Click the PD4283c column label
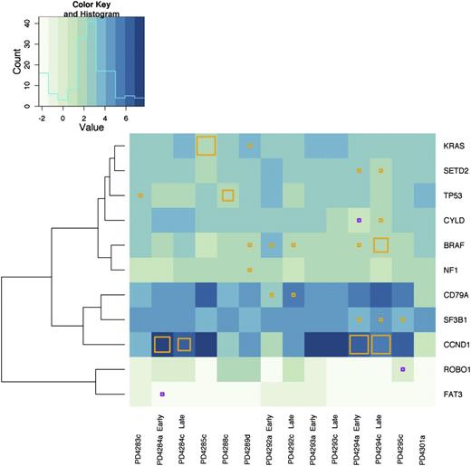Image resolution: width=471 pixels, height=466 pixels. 140,438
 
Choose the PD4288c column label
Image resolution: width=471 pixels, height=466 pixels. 228,438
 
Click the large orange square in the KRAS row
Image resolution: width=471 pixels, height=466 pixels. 206,146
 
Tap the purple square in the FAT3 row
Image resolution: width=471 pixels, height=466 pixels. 162,394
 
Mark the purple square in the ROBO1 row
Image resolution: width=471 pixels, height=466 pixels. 402,369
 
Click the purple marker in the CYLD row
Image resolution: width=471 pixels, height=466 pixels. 359,220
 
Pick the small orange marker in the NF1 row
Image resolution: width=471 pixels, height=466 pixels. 249,269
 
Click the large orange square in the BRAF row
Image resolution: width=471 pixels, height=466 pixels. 380,244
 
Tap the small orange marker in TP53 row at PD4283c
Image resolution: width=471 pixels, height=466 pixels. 140,195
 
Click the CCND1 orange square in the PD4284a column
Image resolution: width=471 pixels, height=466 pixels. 162,344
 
